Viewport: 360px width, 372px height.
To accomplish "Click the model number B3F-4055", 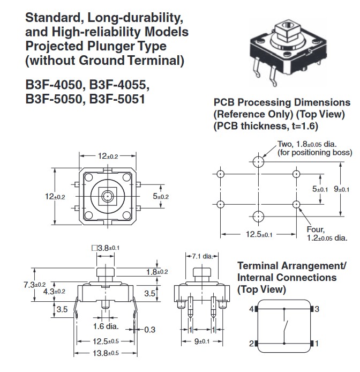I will coord(118,85).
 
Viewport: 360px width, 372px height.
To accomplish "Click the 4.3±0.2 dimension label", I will coord(54,291).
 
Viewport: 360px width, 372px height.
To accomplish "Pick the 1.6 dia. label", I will coord(105,325).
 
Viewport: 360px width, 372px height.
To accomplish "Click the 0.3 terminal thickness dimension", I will coord(150,330).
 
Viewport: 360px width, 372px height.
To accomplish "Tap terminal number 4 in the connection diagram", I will coord(250,309).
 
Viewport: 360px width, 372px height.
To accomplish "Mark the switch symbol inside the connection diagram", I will coord(287,326).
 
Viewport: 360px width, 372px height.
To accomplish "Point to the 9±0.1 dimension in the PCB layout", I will coord(342,189).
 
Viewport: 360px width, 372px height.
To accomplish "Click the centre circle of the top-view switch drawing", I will coord(108,196).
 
